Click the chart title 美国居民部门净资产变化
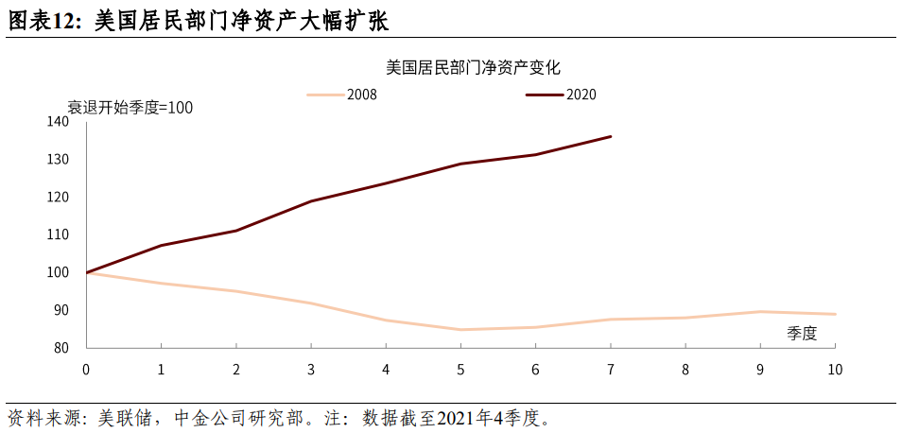coord(474,67)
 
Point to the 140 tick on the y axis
coord(58,122)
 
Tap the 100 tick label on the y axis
coord(58,272)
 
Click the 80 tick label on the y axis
coord(61,348)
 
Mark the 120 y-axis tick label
coord(58,198)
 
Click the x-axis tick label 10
coord(834,368)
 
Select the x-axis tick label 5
coord(460,368)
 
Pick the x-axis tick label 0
coord(87,368)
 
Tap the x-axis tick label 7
coord(610,368)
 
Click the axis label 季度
coord(802,332)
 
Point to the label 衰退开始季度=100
coord(130,108)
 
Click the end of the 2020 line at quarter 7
coord(611,136)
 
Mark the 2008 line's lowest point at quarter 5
coord(460,330)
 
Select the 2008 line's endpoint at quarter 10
coord(835,314)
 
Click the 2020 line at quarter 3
coord(311,201)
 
